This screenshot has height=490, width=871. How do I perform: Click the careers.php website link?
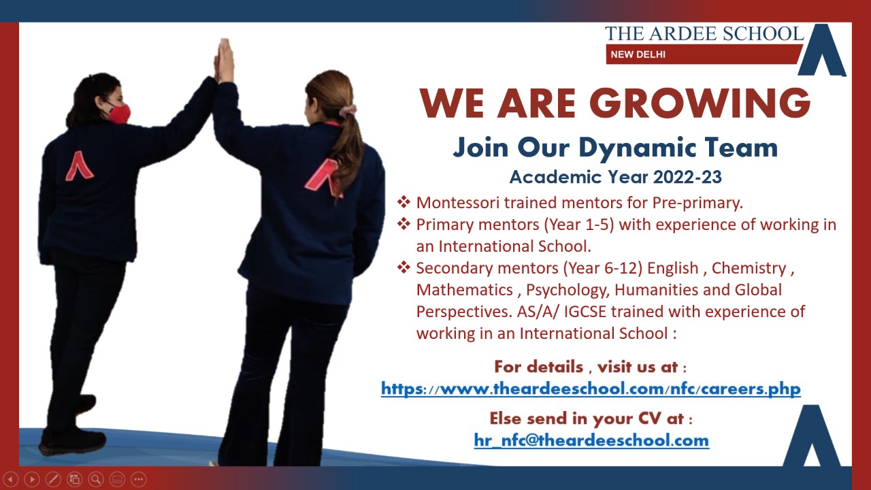tap(591, 389)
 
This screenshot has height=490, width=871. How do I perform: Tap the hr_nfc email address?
tap(591, 440)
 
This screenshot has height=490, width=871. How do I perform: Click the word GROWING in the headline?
tap(700, 103)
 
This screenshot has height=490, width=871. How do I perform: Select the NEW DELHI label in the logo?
tap(638, 54)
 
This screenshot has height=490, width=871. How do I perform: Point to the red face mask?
tap(119, 114)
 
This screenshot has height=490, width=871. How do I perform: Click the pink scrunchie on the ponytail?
tap(347, 110)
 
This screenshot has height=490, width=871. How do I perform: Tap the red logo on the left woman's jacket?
tap(80, 166)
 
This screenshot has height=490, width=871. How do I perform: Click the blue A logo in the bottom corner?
tap(811, 436)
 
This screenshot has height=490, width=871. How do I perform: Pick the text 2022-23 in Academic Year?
tap(687, 177)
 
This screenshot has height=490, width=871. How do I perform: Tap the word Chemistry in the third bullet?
tap(749, 268)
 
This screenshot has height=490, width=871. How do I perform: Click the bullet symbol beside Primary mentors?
tap(404, 224)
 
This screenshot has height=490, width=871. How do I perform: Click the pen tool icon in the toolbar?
tap(53, 479)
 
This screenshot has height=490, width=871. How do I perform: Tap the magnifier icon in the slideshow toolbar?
tap(96, 479)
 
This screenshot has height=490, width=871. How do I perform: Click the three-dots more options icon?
tap(138, 479)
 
